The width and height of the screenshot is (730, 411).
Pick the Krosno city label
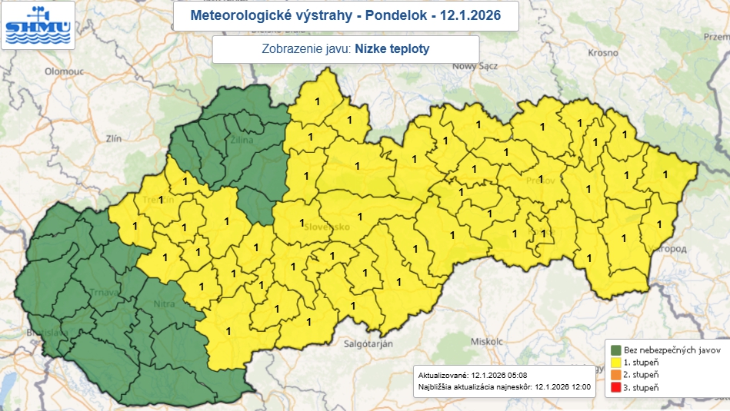click(x=602, y=53)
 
